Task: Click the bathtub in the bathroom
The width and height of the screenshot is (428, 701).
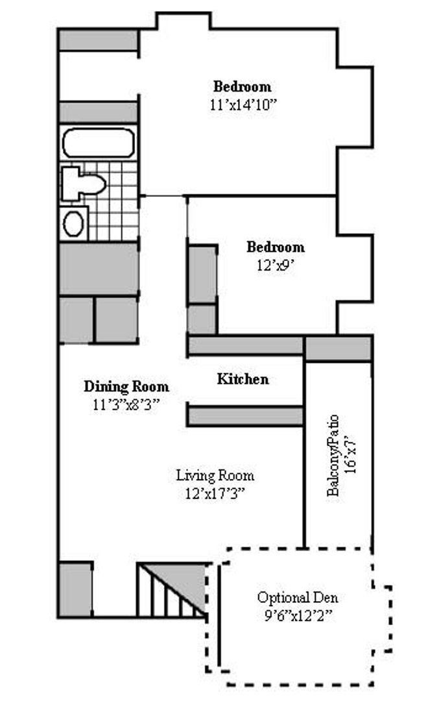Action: pyautogui.click(x=99, y=143)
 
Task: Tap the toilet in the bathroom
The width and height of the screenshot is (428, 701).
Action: pyautogui.click(x=83, y=183)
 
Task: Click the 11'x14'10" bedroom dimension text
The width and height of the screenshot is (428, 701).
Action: pyautogui.click(x=243, y=105)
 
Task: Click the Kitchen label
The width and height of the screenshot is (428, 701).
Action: pyautogui.click(x=243, y=379)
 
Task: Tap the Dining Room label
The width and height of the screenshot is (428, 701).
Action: pyautogui.click(x=126, y=387)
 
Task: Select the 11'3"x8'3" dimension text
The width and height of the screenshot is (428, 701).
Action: pyautogui.click(x=126, y=404)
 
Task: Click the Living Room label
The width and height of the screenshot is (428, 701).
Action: pyautogui.click(x=215, y=476)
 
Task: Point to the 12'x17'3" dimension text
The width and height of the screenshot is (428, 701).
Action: pyautogui.click(x=215, y=493)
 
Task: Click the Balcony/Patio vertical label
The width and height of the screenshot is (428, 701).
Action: pyautogui.click(x=333, y=455)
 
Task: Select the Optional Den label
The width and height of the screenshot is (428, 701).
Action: pyautogui.click(x=297, y=598)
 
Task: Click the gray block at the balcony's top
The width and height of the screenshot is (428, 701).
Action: pyautogui.click(x=338, y=349)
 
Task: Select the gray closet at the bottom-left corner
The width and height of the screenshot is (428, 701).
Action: pyautogui.click(x=75, y=589)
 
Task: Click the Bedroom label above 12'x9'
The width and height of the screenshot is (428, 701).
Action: pyautogui.click(x=275, y=247)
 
